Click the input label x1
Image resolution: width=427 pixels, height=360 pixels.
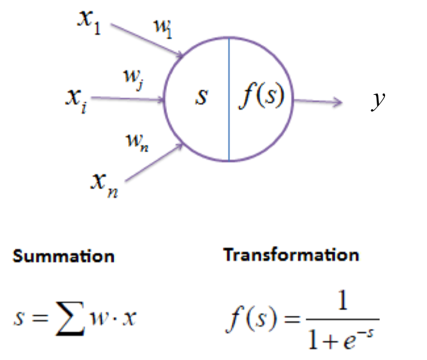[89, 22]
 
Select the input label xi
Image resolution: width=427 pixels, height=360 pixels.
[77, 101]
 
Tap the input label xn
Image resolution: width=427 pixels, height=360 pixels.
[104, 185]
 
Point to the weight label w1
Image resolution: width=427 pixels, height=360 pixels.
[163, 29]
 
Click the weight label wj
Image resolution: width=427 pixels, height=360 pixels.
[133, 79]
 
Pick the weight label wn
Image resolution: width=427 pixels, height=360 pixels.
[137, 143]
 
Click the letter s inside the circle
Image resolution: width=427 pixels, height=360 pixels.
[202, 97]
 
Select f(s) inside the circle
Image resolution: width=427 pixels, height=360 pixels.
[261, 95]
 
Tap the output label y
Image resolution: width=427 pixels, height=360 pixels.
[378, 100]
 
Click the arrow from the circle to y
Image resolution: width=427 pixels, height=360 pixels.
[318, 101]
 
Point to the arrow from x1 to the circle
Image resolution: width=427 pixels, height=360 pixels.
[147, 41]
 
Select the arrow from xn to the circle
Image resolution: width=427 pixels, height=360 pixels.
[154, 162]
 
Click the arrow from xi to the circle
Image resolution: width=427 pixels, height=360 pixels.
[128, 98]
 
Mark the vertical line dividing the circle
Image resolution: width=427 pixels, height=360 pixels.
[229, 99]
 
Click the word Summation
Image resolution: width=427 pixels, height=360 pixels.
[64, 256]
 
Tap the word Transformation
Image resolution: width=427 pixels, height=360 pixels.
[291, 255]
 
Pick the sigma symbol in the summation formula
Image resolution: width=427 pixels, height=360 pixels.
[70, 319]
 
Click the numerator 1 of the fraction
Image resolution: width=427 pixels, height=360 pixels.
[342, 300]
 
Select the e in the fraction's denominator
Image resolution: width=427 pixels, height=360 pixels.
[350, 341]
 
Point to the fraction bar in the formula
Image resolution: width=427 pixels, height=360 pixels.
[343, 319]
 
